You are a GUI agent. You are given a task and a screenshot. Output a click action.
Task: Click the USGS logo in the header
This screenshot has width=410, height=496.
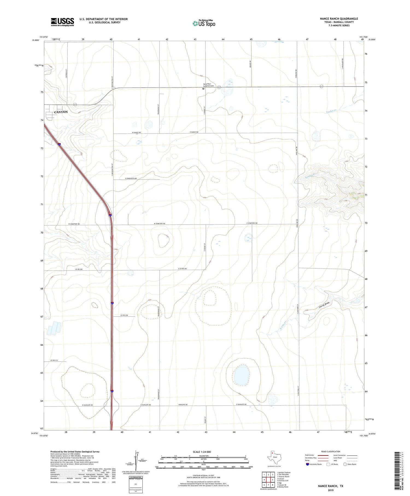pyautogui.click(x=62, y=22)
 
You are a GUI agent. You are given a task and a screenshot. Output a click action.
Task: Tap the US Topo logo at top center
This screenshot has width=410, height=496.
pyautogui.click(x=204, y=24)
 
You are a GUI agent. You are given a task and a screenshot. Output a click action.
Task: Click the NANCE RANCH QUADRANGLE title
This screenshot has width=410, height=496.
pyautogui.click(x=339, y=19)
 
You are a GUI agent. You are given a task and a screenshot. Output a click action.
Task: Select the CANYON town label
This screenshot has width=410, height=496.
pyautogui.click(x=61, y=112)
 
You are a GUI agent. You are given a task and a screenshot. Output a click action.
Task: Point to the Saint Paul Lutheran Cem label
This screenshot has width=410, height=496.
pyautogui.click(x=209, y=85)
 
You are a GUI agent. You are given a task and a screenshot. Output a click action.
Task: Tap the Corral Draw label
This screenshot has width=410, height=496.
pyautogui.click(x=324, y=305)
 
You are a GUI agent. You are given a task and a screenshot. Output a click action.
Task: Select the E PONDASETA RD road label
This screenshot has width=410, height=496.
pyautogui.click(x=131, y=178)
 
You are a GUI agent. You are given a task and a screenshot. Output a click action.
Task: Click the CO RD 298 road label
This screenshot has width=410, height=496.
pyautogui.click(x=124, y=315)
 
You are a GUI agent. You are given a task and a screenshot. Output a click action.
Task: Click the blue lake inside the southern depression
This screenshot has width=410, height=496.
pyautogui.click(x=241, y=375)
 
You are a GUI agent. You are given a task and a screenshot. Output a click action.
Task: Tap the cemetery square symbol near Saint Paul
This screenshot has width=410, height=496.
pyautogui.click(x=203, y=89)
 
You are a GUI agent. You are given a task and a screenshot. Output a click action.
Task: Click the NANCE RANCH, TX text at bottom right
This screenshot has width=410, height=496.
pyautogui.click(x=330, y=486)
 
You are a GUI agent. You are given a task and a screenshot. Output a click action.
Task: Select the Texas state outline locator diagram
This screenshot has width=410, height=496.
pyautogui.click(x=273, y=456)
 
